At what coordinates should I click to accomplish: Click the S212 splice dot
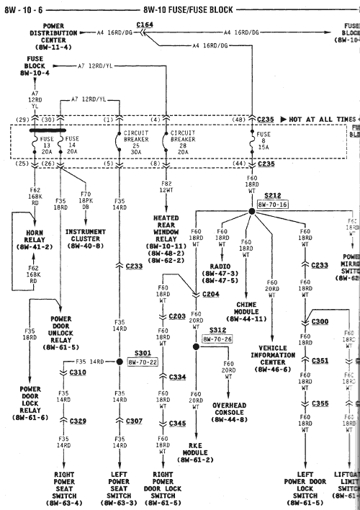[x=253, y=211]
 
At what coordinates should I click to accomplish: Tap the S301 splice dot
[x=120, y=362]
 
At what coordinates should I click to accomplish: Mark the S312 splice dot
[x=194, y=346]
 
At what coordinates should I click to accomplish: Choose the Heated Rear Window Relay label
[x=166, y=237]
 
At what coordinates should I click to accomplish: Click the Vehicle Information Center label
[x=273, y=357]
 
